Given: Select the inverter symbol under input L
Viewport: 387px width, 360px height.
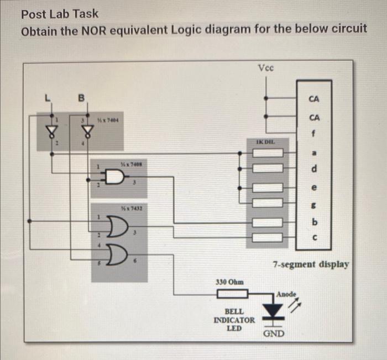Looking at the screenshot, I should point(53,130).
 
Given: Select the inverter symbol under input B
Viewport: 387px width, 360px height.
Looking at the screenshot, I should point(86,130).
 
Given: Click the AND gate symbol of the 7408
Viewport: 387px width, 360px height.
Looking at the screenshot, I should point(114,177).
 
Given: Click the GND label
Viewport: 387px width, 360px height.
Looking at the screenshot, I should point(274,334).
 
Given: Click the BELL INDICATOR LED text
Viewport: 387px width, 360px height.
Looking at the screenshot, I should point(234,320).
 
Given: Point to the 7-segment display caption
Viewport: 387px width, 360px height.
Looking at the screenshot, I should point(311,264).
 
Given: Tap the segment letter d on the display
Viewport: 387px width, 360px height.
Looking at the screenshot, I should point(314,168).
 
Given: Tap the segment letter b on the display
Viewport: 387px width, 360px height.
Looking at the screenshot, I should point(314,223).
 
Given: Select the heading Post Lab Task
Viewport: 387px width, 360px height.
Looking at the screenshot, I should point(60,13).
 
